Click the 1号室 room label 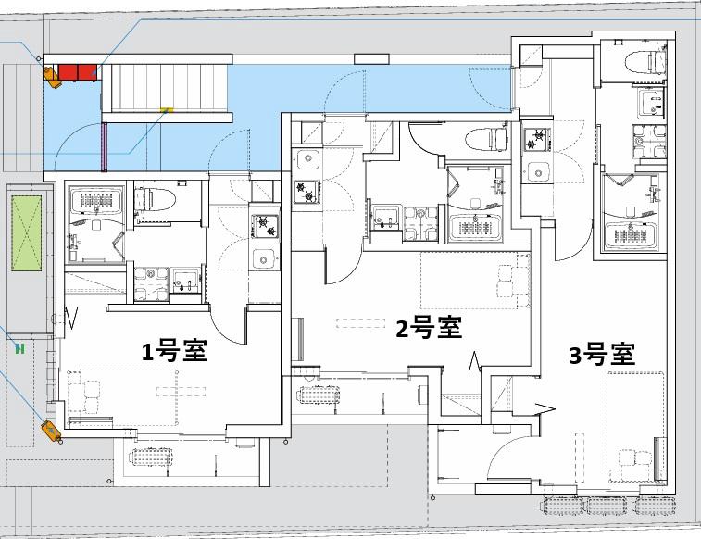tap(173, 351)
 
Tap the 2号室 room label tap(429, 327)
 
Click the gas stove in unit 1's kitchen tap(266, 223)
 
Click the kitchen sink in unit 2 tap(307, 158)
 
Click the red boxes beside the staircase tap(79, 72)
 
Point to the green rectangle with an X tap(28, 232)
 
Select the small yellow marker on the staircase tap(167, 110)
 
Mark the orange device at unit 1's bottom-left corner tap(50, 429)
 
